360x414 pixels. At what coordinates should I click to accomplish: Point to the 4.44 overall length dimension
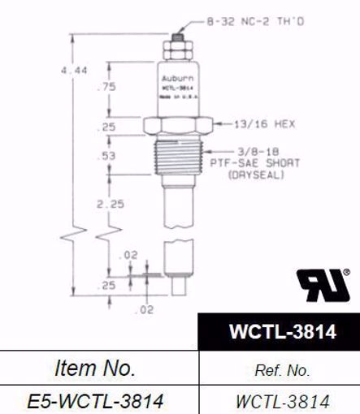pos(74,72)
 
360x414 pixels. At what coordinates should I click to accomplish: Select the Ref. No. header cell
pos(280,370)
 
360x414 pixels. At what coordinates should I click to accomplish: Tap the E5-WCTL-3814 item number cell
pos(95,400)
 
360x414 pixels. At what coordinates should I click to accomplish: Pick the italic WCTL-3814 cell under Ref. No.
pos(280,400)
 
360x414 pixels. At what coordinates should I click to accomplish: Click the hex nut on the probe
pos(178,126)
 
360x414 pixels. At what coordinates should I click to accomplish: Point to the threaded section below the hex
pos(178,157)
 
